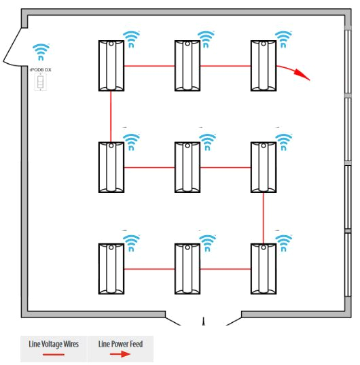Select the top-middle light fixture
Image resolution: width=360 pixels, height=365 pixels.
(x=187, y=65)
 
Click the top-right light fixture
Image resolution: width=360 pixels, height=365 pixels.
(x=263, y=65)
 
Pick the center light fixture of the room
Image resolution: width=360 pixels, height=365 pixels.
(x=187, y=167)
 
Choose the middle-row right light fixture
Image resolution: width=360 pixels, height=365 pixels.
(x=263, y=167)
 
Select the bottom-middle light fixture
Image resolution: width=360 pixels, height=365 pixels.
(x=187, y=268)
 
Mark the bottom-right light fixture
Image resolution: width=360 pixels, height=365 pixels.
(x=263, y=268)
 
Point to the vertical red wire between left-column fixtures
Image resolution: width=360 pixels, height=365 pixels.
(x=111, y=116)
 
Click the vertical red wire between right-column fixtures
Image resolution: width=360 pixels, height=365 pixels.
(x=264, y=218)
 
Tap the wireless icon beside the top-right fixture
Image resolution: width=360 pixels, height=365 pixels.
(x=283, y=38)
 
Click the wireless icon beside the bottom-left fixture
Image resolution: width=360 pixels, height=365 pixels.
(x=131, y=242)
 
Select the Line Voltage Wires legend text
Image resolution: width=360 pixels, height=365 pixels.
(x=54, y=343)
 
